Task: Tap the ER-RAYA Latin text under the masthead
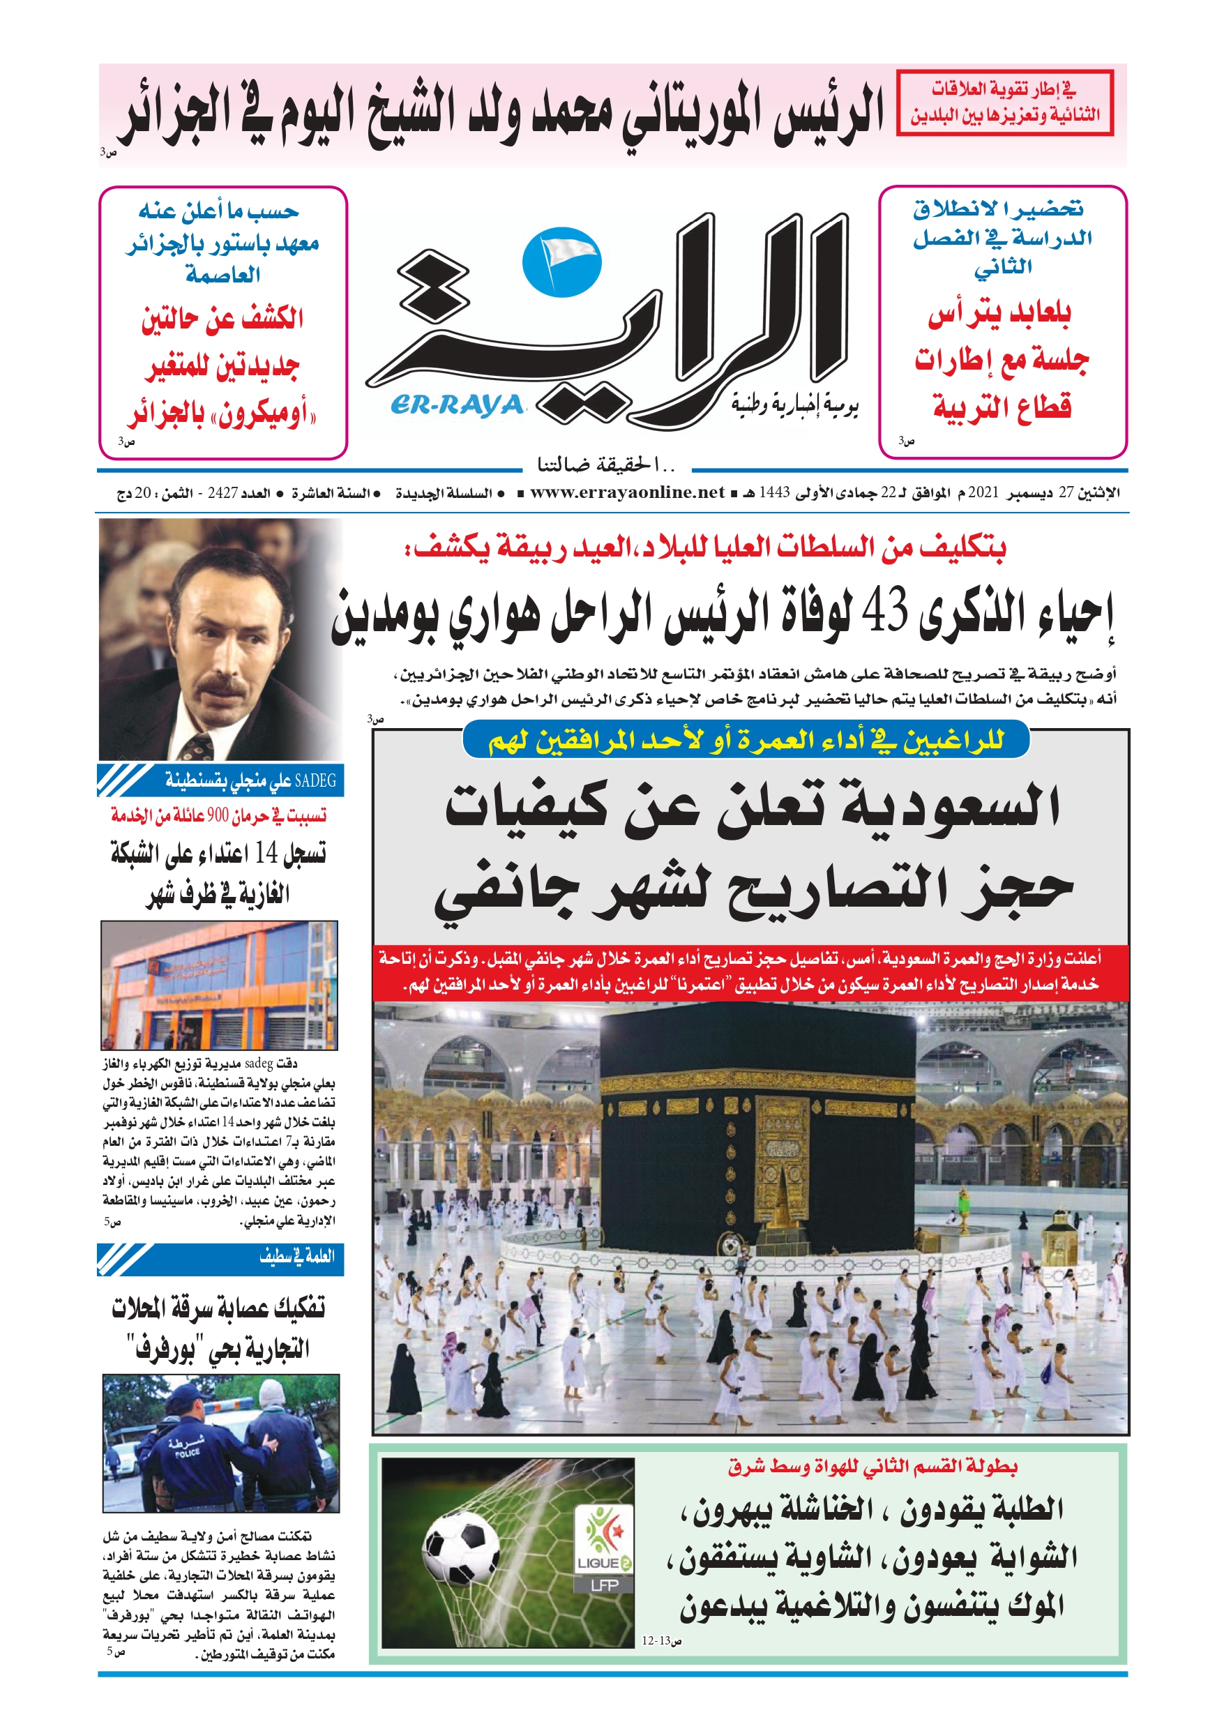[x=457, y=406]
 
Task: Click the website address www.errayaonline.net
[x=627, y=492]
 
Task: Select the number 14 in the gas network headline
[x=266, y=853]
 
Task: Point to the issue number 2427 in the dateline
[x=222, y=493]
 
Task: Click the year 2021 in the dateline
[x=983, y=492]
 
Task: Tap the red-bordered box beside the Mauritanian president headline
[x=1004, y=103]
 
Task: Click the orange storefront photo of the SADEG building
[x=220, y=985]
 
